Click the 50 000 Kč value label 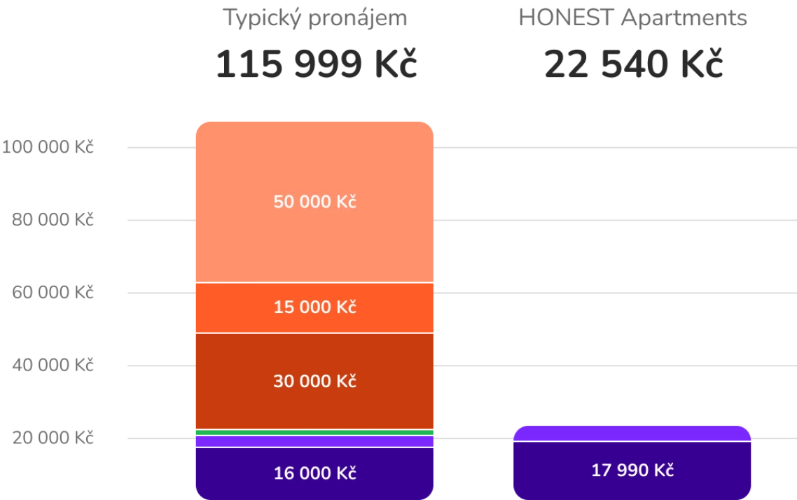314,202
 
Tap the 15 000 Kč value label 314,307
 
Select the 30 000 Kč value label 314,382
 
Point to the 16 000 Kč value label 314,473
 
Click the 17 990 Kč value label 632,470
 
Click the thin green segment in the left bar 314,432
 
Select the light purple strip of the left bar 314,441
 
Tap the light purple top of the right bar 632,433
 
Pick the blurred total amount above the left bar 316,64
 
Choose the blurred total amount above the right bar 635,64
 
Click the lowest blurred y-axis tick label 53,438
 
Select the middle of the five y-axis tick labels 53,293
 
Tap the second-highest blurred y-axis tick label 53,220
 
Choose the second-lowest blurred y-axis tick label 53,366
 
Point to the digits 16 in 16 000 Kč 281,473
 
